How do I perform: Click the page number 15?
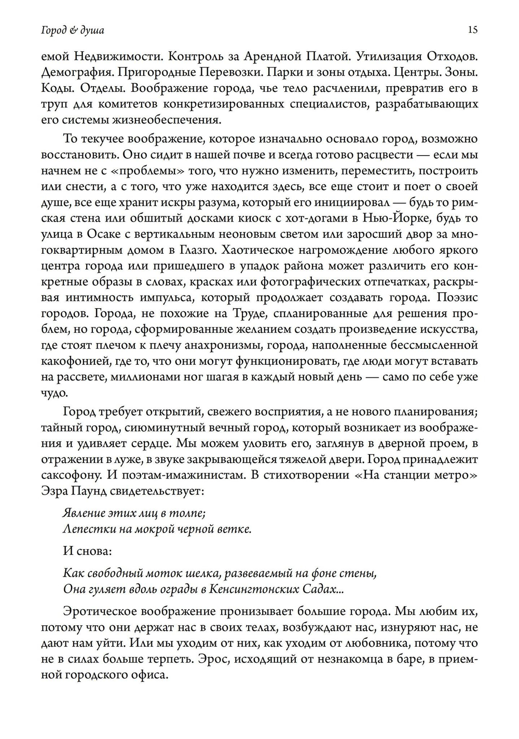tap(472, 30)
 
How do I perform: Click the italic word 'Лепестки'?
tap(84, 529)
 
